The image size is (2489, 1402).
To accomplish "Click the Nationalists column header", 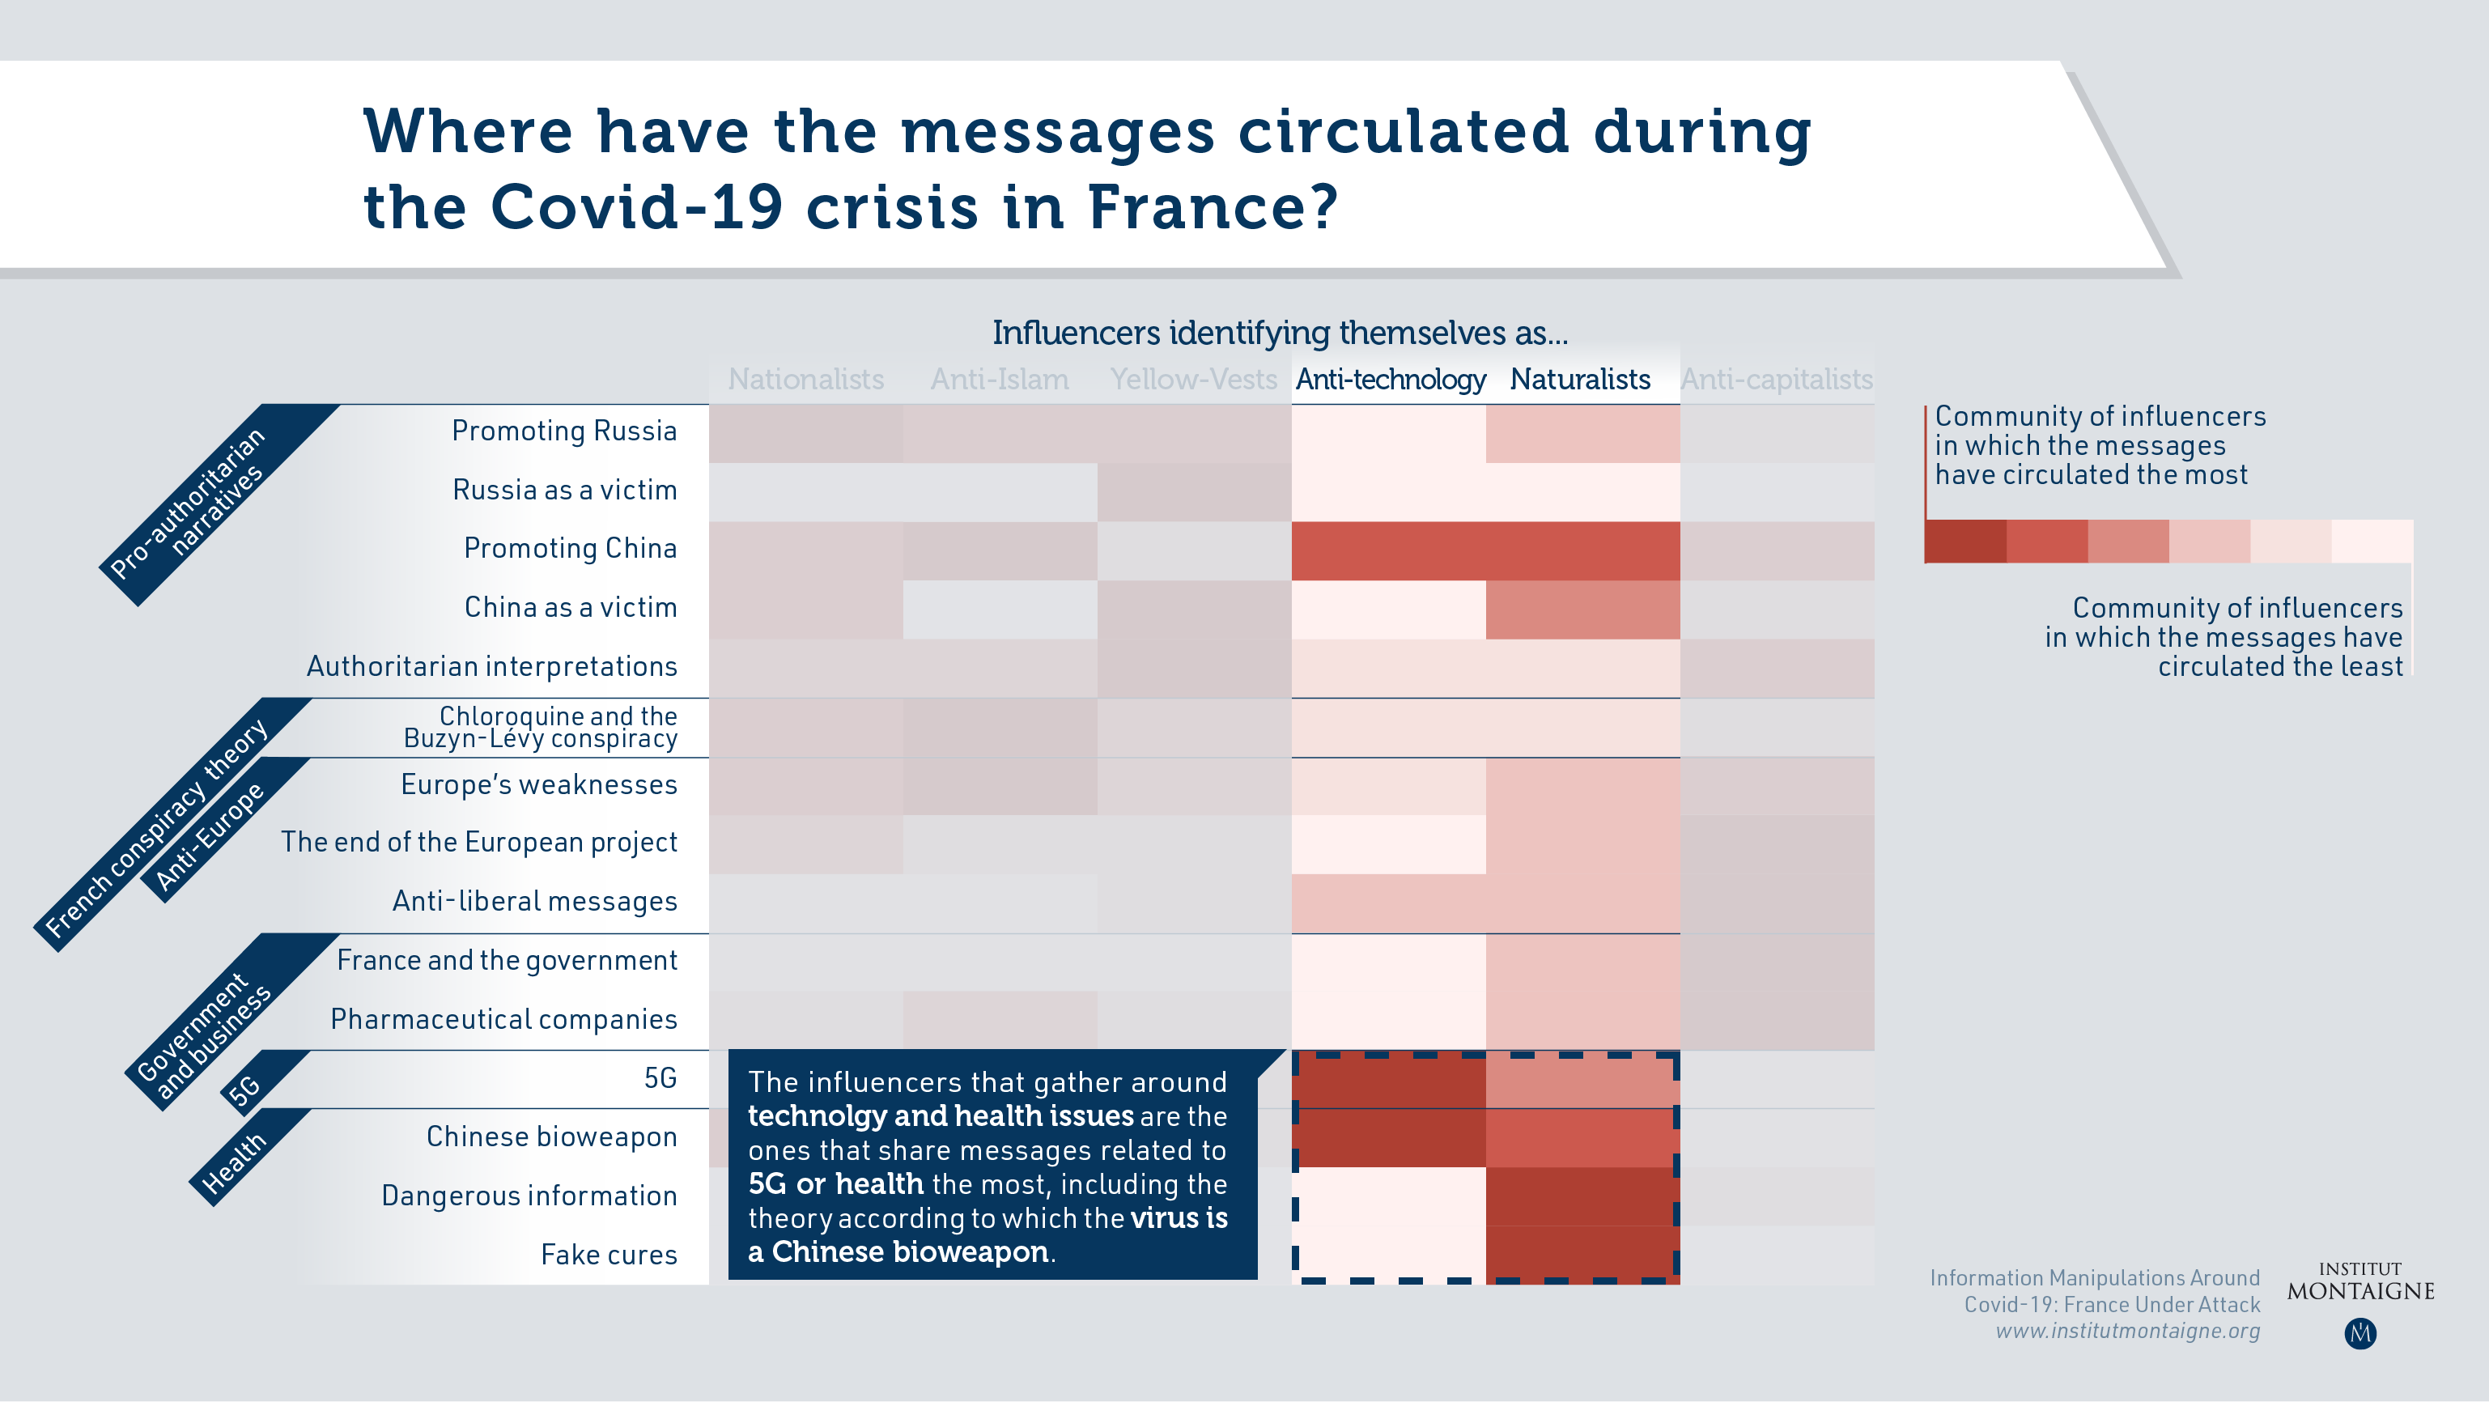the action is pyautogui.click(x=806, y=379).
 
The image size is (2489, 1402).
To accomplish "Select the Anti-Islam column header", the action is pyautogui.click(x=999, y=379).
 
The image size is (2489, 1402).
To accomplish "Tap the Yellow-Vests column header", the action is pyautogui.click(x=1193, y=379).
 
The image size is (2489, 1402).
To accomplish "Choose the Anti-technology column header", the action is pyautogui.click(x=1391, y=380).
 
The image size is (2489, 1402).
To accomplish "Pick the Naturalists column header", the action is pyautogui.click(x=1580, y=379).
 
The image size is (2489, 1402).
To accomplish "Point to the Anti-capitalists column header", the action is pyautogui.click(x=1777, y=380).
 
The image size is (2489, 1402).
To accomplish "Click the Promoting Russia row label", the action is pyautogui.click(x=564, y=431).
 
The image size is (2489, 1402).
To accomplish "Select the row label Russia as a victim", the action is pyautogui.click(x=564, y=490).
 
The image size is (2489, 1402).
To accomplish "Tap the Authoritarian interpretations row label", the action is pyautogui.click(x=492, y=667).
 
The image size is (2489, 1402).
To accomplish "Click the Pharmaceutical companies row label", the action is pyautogui.click(x=503, y=1019).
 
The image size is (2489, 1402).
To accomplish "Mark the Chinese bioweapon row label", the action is pyautogui.click(x=552, y=1137).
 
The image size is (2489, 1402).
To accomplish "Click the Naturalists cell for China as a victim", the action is pyautogui.click(x=1582, y=610).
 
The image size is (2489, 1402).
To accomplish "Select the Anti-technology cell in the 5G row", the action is pyautogui.click(x=1390, y=1079).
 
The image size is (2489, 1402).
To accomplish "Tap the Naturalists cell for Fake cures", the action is pyautogui.click(x=1582, y=1255).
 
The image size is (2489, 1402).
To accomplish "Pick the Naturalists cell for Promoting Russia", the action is pyautogui.click(x=1582, y=434).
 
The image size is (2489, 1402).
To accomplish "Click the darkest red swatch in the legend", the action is pyautogui.click(x=1965, y=541).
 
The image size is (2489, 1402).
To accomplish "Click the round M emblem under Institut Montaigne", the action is pyautogui.click(x=2360, y=1333).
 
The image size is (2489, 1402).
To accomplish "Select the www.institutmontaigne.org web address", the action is pyautogui.click(x=2128, y=1332).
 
